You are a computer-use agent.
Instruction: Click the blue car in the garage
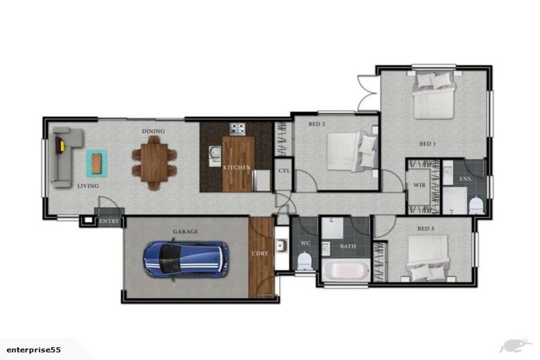186,258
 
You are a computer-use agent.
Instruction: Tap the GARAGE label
186,231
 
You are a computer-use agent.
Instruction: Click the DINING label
153,131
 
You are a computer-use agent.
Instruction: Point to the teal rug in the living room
98,163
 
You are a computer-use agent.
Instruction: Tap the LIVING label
88,186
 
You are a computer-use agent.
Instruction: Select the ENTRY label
110,221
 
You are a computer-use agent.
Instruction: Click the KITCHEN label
237,167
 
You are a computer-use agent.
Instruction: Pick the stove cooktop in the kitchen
238,129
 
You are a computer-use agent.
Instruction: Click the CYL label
283,170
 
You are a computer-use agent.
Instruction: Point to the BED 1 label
427,144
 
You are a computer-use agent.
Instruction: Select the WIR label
419,186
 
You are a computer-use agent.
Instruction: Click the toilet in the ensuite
476,206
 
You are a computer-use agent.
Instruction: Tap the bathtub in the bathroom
345,271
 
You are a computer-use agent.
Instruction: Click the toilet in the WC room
305,262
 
